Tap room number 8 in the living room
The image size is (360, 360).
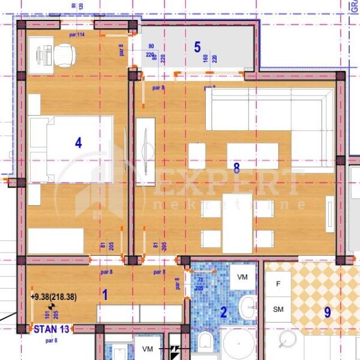click(x=236, y=169)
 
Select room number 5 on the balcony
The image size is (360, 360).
click(x=197, y=47)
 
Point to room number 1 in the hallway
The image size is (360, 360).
click(x=104, y=295)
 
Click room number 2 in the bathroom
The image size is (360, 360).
click(x=223, y=311)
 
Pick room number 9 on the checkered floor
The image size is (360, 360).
click(x=328, y=312)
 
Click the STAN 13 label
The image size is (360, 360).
click(x=52, y=329)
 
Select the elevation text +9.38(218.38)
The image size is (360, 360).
click(x=58, y=295)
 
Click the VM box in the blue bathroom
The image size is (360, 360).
click(x=242, y=277)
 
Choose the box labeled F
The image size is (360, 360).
click(x=278, y=283)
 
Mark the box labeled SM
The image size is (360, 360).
click(x=278, y=310)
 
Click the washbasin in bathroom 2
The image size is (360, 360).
click(x=248, y=308)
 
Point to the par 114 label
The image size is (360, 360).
click(x=77, y=34)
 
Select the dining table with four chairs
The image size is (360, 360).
click(x=237, y=223)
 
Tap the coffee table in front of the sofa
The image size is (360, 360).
click(x=252, y=155)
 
